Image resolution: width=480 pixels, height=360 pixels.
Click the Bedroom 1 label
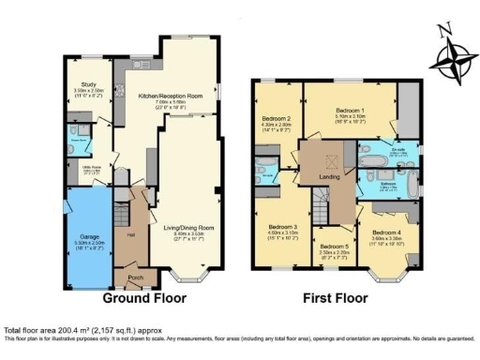[x=352, y=110]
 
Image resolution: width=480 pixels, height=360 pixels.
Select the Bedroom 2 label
[x=276, y=118]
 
